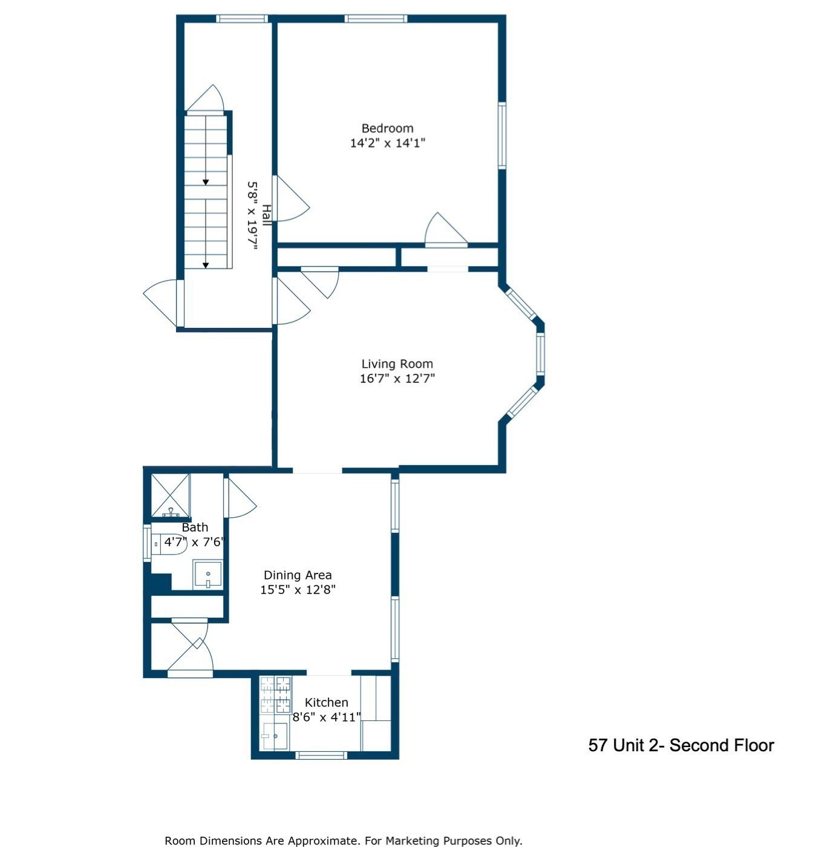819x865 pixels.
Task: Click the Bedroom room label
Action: tap(387, 128)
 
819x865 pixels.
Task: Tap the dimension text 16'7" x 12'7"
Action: tap(397, 379)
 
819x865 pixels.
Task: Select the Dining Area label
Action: tap(297, 575)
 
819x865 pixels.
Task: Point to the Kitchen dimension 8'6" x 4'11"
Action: tap(327, 717)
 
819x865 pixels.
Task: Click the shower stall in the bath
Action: tap(170, 495)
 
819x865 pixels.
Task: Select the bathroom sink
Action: tap(207, 574)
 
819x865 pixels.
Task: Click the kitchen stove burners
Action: tap(275, 694)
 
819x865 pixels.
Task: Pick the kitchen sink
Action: tap(274, 735)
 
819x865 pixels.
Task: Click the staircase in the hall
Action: tap(206, 191)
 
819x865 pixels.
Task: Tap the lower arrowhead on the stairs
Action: tap(206, 265)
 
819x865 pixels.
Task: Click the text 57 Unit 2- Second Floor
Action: tap(680, 745)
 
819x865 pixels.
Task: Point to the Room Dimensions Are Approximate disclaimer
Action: tap(343, 841)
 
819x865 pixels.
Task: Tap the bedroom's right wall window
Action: tap(501, 135)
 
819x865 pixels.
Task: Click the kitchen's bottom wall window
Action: tap(321, 755)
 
